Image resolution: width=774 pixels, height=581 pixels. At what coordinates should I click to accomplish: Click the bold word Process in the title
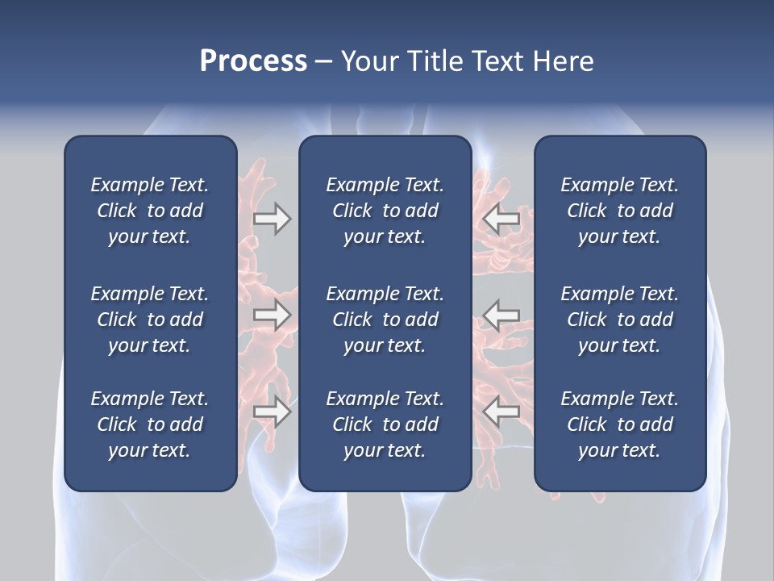coord(253,61)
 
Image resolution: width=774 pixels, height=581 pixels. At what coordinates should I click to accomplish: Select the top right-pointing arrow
coord(273,219)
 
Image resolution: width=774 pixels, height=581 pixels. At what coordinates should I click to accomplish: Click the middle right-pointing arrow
coord(273,315)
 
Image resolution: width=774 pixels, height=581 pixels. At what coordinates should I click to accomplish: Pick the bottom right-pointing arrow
coord(273,412)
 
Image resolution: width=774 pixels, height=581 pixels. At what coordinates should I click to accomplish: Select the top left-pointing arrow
coord(501,219)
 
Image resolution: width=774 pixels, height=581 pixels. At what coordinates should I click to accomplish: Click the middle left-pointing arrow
coord(501,315)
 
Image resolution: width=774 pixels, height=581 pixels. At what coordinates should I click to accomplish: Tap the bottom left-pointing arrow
coord(501,412)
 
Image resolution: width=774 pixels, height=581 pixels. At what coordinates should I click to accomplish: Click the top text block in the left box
coord(150,211)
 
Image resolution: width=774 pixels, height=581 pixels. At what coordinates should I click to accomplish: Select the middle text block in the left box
coord(150,320)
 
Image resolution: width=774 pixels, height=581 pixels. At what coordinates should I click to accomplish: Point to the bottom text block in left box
coord(150,424)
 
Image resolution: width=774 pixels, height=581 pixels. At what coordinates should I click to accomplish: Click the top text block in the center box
coord(385,211)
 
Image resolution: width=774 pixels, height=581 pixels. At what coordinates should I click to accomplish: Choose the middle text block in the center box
coord(385,320)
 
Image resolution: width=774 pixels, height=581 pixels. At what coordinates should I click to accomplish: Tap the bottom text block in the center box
coord(385,424)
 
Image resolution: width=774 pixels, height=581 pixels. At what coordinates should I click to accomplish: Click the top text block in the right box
coord(619,211)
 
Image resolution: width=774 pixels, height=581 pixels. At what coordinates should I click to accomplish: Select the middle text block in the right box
coord(619,320)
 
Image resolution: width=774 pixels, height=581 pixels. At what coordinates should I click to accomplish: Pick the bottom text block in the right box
coord(619,424)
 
